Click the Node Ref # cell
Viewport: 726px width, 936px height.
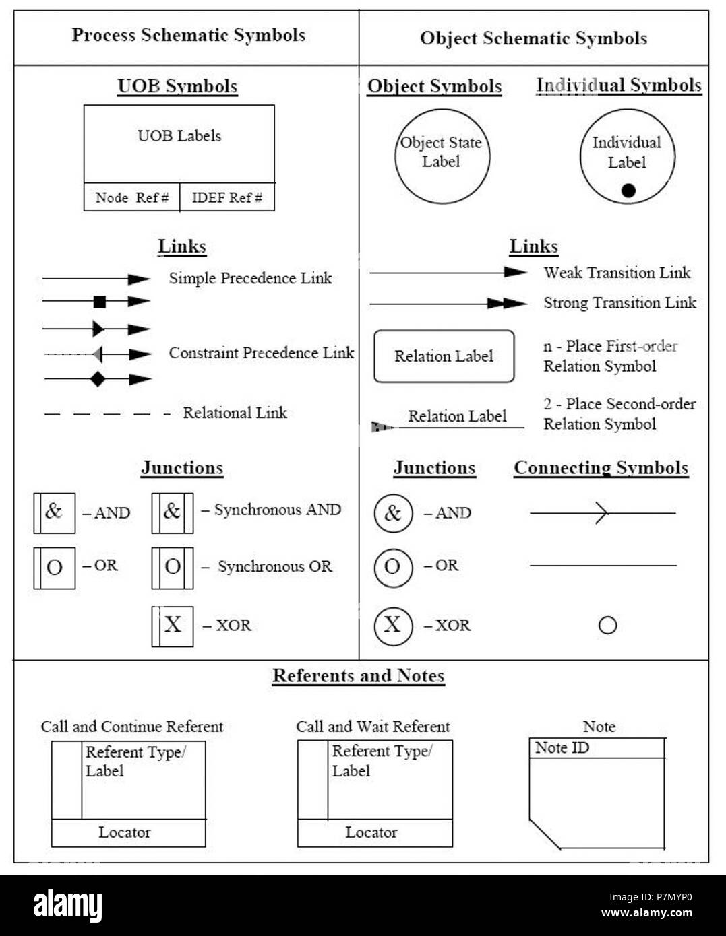tap(131, 197)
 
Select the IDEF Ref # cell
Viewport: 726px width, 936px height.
tap(227, 197)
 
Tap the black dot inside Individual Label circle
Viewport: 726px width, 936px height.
tap(628, 191)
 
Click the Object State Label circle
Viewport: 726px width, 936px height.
tap(442, 156)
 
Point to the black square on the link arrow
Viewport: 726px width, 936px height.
tap(100, 302)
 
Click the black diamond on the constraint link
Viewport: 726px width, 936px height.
tap(98, 379)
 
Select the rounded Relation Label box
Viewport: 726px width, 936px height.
tap(444, 356)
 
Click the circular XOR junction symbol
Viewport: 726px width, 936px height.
tap(392, 626)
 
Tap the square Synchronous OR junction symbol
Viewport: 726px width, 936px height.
tap(172, 568)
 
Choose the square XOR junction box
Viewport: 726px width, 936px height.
tap(172, 626)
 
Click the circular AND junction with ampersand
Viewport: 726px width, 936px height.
tap(392, 513)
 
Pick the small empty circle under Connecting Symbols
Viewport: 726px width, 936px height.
tap(607, 626)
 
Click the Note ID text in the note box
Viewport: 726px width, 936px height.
tap(562, 748)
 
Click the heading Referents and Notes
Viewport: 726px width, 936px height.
tap(358, 676)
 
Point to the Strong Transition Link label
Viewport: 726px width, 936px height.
tap(619, 303)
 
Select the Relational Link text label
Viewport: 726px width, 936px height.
tap(235, 413)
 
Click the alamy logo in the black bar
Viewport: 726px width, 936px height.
tap(67, 905)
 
